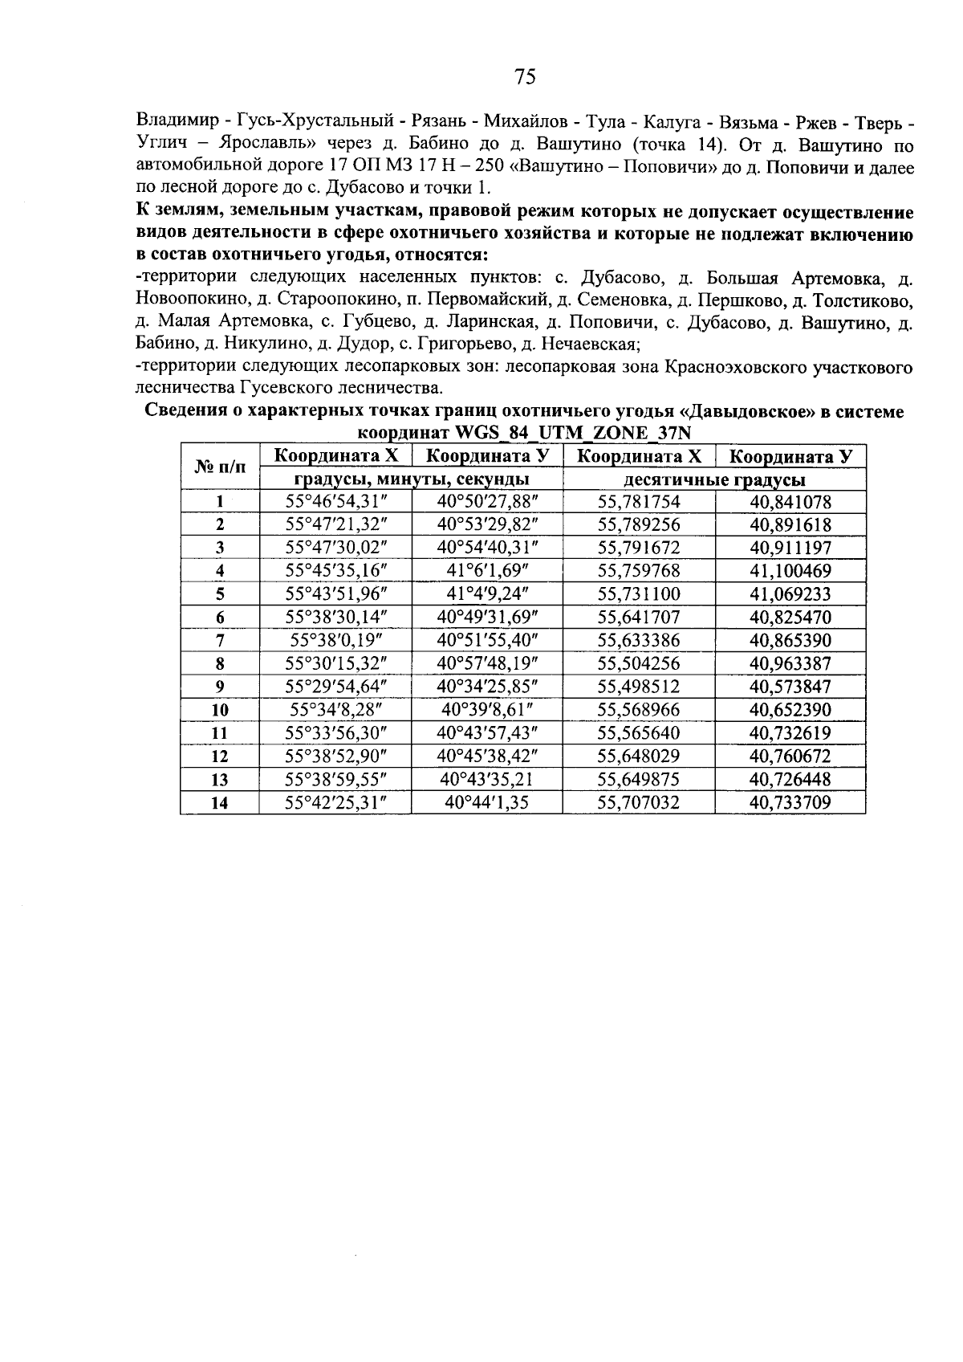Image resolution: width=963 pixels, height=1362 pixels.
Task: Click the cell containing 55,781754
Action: [639, 503]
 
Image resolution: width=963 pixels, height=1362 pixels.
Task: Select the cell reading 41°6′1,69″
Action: [486, 572]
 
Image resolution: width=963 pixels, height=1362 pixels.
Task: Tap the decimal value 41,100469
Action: [790, 572]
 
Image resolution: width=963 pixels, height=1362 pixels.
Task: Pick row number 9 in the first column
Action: [219, 687]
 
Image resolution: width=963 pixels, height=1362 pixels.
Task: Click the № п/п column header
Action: [219, 468]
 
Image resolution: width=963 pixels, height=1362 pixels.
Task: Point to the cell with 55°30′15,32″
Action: [335, 664]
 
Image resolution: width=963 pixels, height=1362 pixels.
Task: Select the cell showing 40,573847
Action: [790, 687]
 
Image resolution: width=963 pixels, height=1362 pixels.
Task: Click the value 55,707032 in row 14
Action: [639, 803]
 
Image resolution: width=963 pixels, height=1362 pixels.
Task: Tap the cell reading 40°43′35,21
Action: [486, 780]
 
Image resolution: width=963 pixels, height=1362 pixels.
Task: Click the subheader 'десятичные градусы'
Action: [714, 480]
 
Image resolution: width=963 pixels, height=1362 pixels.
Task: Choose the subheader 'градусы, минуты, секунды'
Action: [410, 480]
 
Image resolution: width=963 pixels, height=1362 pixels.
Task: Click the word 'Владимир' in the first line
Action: [177, 123]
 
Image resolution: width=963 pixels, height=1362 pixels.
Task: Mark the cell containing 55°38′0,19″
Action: [335, 641]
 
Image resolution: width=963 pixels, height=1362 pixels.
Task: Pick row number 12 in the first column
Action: [219, 756]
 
